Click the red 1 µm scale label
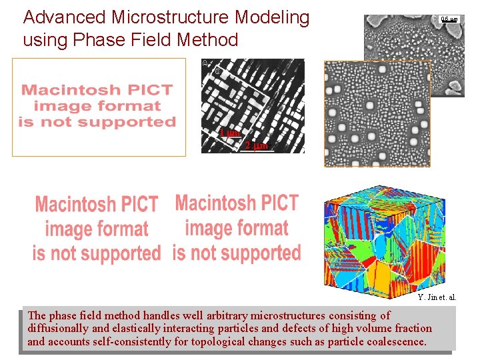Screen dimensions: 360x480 [229, 133]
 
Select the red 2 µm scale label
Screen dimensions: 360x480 [256, 145]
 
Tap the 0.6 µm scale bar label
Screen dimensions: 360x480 [449, 20]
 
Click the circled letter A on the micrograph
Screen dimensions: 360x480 [205, 63]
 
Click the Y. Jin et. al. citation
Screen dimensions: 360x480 [437, 297]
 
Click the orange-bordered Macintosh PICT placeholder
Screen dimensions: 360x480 [99, 107]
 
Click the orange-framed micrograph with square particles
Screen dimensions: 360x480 [377, 113]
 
